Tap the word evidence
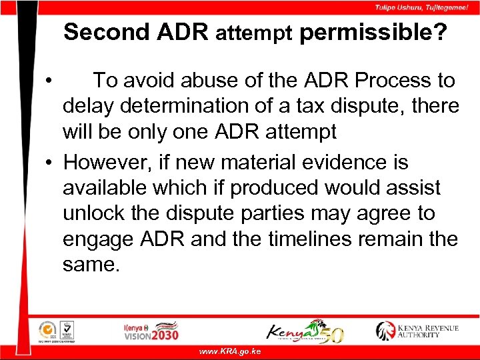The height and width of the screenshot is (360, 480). [346, 163]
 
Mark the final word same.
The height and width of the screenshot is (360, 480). [91, 265]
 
